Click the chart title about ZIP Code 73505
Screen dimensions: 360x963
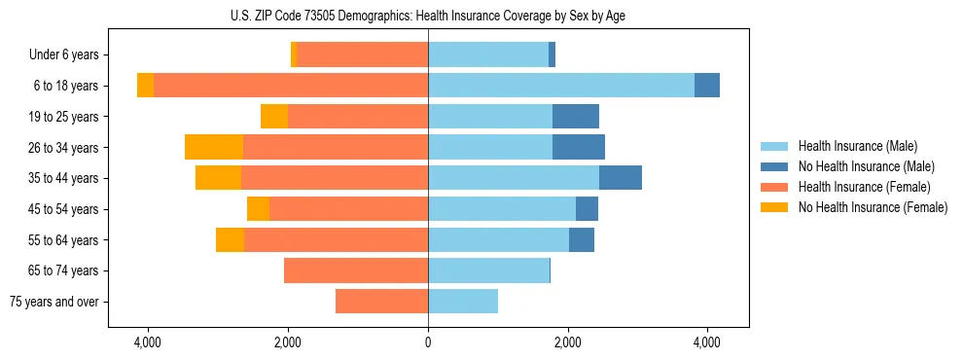click(x=428, y=16)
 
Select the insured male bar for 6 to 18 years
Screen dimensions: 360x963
click(x=560, y=86)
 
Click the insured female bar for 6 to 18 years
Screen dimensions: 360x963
click(x=291, y=86)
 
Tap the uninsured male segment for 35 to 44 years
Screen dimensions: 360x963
click(x=620, y=178)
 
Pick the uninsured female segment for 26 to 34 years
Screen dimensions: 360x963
click(x=214, y=147)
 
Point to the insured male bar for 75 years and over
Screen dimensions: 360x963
click(x=463, y=302)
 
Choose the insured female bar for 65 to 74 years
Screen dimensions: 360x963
click(x=356, y=270)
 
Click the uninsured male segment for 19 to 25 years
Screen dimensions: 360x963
click(x=576, y=117)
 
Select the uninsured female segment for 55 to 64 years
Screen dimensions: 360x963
click(x=230, y=239)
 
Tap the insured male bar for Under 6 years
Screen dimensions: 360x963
click(x=488, y=54)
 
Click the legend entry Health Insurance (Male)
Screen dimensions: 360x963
click(x=857, y=146)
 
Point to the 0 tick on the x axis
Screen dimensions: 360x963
click(x=428, y=343)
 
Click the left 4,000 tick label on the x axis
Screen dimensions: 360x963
click(x=148, y=343)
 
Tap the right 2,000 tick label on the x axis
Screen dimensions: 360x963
click(x=568, y=343)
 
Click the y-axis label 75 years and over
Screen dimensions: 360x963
click(x=54, y=302)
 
